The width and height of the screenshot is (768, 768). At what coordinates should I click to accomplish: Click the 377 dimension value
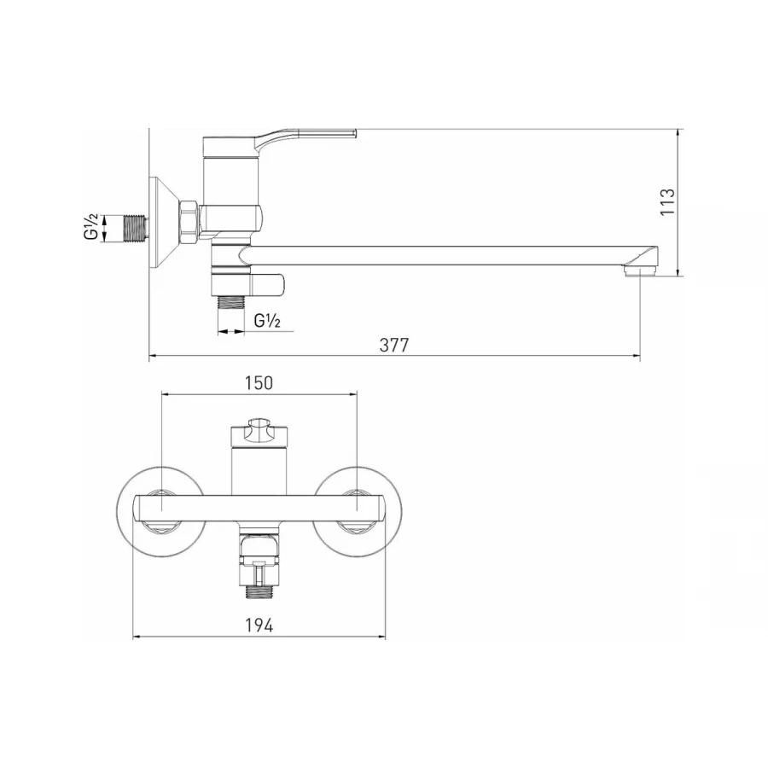click(x=393, y=345)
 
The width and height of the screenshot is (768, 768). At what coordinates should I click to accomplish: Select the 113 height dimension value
click(x=668, y=201)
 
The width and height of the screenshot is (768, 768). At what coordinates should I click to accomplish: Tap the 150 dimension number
click(x=259, y=383)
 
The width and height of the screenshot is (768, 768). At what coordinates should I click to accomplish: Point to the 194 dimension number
click(x=259, y=625)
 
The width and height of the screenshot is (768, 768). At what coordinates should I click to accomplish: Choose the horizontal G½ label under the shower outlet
click(x=267, y=321)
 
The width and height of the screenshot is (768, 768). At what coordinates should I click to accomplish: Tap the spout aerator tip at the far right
click(x=642, y=271)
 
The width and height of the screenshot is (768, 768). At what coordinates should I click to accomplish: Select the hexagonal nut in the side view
click(x=189, y=220)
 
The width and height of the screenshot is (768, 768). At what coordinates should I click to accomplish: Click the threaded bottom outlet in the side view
click(x=230, y=300)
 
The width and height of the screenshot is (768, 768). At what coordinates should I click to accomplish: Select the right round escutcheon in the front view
click(x=352, y=512)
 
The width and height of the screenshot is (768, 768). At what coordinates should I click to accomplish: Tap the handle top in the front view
click(x=258, y=431)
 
